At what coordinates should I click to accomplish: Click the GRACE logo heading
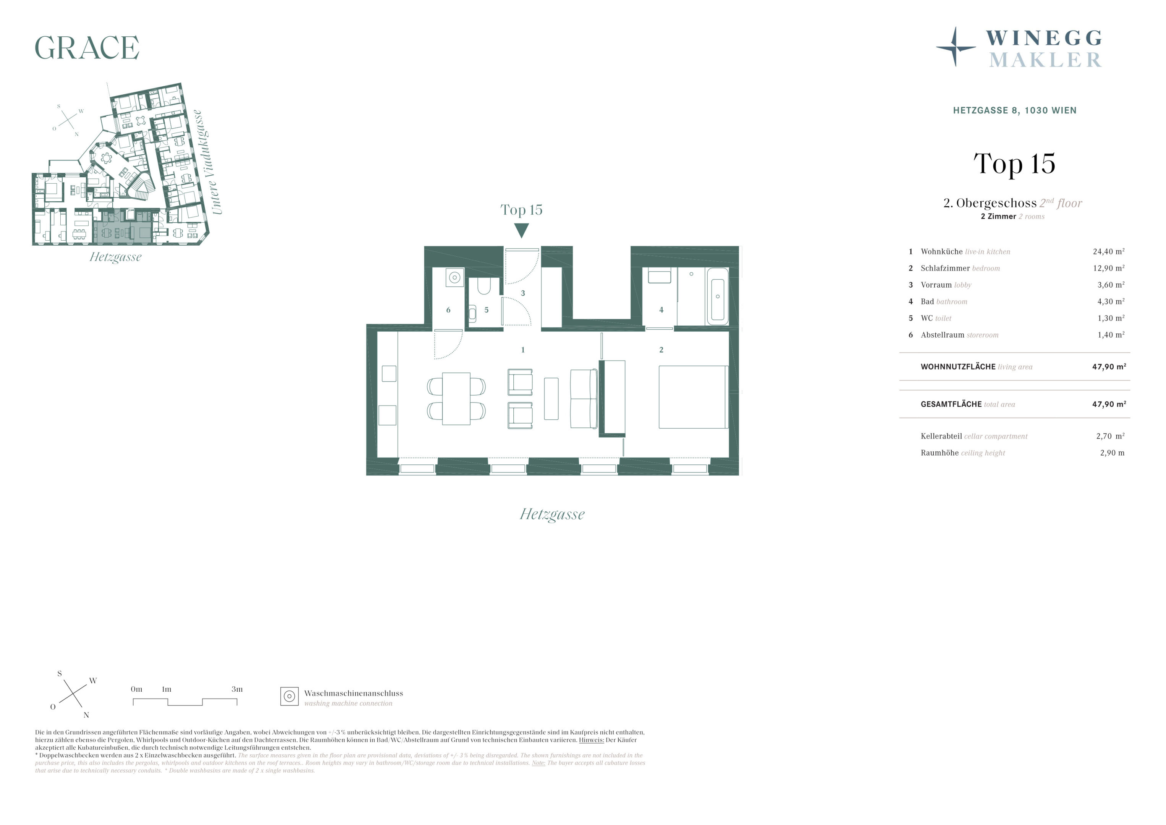click(x=87, y=48)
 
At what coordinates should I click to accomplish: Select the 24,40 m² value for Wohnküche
click(x=1109, y=251)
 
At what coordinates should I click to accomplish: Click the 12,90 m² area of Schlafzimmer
click(x=1109, y=268)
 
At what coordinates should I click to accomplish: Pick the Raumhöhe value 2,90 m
click(x=1112, y=453)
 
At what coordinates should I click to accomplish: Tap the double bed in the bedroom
click(x=693, y=397)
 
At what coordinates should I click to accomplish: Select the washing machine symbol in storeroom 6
click(x=454, y=277)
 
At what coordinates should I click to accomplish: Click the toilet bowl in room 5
click(x=484, y=286)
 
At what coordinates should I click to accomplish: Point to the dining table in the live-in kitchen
click(x=456, y=399)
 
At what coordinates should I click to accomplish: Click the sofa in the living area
click(x=584, y=399)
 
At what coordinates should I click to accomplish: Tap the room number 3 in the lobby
click(x=523, y=293)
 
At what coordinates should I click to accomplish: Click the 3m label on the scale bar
click(x=237, y=689)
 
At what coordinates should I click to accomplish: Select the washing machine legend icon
click(x=289, y=696)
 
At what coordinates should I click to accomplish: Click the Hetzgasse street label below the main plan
click(x=552, y=514)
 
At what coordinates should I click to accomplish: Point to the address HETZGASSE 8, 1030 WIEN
click(x=1015, y=110)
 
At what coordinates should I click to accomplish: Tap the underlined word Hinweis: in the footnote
click(x=591, y=740)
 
